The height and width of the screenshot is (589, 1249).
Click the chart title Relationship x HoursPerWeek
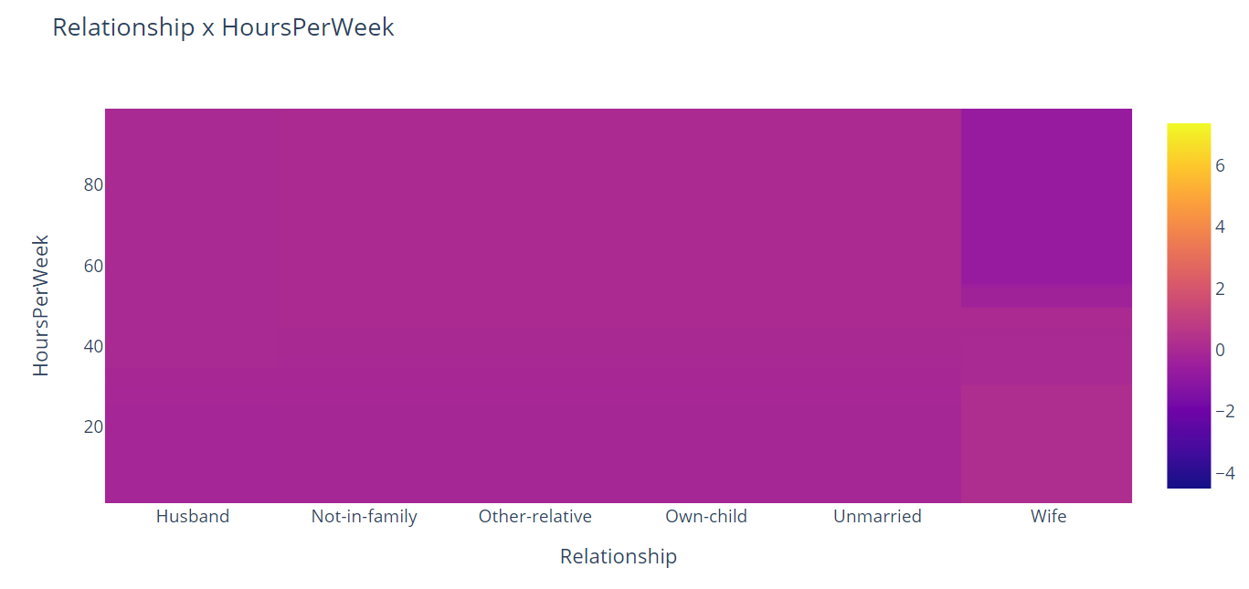223,27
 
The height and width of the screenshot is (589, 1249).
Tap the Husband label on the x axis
193,517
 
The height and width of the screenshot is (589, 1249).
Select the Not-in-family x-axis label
364,517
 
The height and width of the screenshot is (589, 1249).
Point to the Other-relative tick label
535,517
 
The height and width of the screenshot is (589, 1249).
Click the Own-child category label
705,517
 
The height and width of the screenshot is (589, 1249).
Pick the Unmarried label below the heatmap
877,517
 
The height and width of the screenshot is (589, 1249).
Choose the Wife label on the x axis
1048,517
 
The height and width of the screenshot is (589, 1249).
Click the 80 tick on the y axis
93,185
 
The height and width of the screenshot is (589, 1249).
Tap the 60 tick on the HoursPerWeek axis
93,267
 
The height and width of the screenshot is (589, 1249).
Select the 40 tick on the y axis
93,347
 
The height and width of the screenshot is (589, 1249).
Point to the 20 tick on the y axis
93,427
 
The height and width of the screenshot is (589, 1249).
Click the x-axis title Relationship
619,556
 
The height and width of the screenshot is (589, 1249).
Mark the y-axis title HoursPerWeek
41,305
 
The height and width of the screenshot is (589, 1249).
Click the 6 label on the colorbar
1220,165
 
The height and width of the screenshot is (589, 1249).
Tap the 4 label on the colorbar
1220,226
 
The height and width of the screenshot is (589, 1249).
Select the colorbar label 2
1220,289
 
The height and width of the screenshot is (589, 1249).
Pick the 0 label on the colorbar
1220,350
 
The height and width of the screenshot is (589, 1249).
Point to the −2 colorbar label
1224,411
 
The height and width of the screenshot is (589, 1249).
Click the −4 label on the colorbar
1224,473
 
